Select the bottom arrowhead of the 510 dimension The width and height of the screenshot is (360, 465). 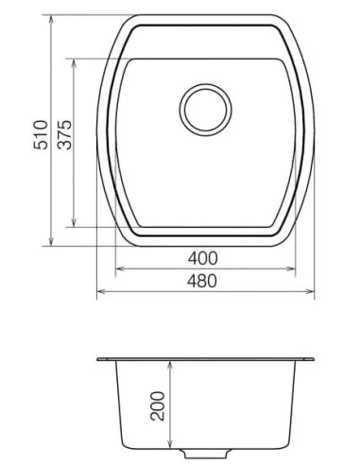pos(50,242)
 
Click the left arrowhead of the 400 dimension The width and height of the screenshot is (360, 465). pos(118,268)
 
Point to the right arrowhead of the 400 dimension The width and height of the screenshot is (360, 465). pos(289,268)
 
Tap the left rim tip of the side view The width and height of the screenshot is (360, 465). pos(99,360)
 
